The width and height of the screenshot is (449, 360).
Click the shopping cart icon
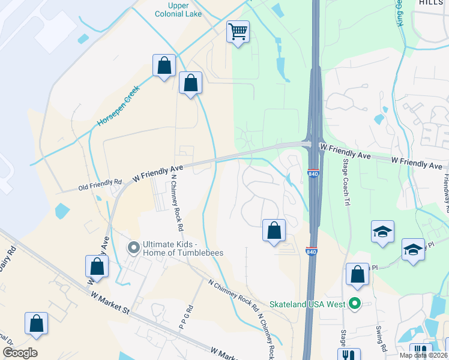point(238,31)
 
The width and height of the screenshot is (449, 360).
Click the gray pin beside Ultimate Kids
point(134,247)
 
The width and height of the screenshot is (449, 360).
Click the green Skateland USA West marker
point(354,304)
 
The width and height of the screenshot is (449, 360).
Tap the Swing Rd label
point(381,339)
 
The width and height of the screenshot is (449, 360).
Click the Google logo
point(20,353)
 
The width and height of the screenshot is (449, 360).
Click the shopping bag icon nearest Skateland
point(358,274)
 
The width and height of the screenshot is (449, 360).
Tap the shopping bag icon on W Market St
point(37,323)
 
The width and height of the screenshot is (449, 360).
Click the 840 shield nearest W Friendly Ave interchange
point(312,173)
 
